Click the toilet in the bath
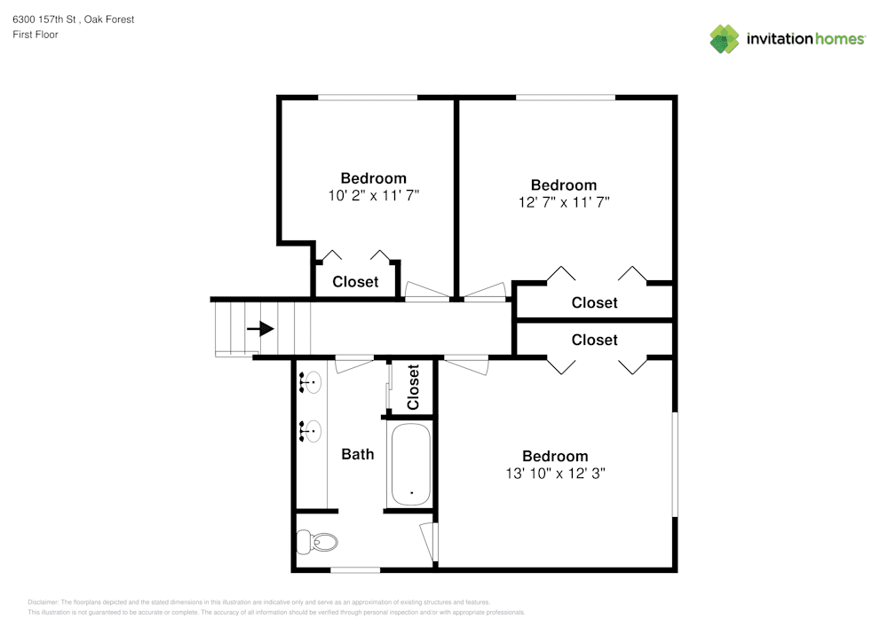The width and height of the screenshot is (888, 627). click(x=318, y=540)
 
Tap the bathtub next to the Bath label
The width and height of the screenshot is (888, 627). click(x=410, y=464)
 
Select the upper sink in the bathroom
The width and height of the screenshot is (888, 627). click(x=311, y=382)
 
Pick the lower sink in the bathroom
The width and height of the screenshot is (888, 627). click(x=311, y=431)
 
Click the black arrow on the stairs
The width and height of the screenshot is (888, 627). click(x=260, y=329)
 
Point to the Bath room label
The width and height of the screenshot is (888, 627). click(x=358, y=454)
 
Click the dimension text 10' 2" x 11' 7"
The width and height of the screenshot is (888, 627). click(x=373, y=194)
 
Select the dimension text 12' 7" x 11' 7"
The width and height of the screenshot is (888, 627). click(x=564, y=201)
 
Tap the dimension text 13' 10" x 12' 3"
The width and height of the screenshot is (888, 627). click(x=555, y=473)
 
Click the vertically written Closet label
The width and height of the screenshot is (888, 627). click(x=413, y=388)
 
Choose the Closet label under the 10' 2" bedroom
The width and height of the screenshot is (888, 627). click(x=355, y=282)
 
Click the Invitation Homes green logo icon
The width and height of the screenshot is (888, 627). click(x=724, y=38)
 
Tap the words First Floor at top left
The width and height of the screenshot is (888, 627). click(x=36, y=35)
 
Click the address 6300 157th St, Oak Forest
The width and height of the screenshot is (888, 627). click(x=74, y=19)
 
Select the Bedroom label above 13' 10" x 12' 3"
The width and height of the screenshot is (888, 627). click(x=555, y=457)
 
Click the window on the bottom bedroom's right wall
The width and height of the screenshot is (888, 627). click(x=675, y=463)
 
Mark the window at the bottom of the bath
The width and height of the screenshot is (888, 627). click(x=355, y=568)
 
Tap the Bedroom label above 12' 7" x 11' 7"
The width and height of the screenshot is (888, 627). click(x=564, y=185)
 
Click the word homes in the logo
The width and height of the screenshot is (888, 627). click(x=840, y=39)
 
